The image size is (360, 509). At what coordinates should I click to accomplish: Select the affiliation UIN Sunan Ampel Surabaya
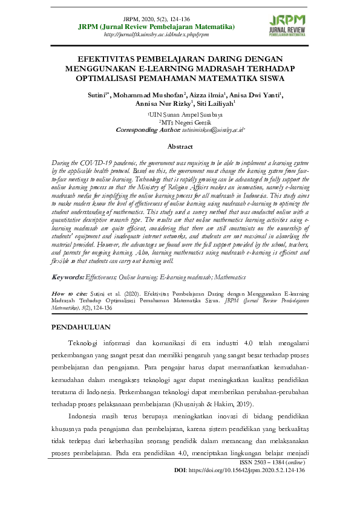[180, 114]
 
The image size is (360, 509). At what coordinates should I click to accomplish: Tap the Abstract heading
[180, 146]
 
